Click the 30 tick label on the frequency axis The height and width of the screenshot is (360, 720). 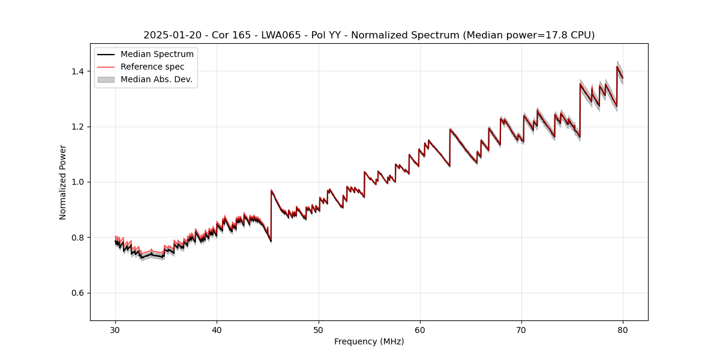(x=115, y=329)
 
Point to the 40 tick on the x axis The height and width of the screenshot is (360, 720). (x=217, y=329)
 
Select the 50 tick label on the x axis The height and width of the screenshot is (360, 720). (x=319, y=329)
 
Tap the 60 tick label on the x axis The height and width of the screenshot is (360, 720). (x=420, y=329)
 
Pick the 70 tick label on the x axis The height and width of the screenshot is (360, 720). (x=521, y=329)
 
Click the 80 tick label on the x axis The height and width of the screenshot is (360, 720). (x=623, y=329)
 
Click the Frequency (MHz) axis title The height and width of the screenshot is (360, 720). (x=369, y=341)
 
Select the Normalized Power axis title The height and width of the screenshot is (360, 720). (x=63, y=182)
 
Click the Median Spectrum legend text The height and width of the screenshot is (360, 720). (x=157, y=55)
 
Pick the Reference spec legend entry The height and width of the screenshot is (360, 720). (x=152, y=67)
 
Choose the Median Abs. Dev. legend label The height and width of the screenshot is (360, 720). (x=157, y=79)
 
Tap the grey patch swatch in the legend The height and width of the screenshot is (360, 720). (x=106, y=79)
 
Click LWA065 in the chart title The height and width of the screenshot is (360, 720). (x=281, y=35)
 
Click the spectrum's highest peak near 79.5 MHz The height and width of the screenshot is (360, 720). (x=617, y=66)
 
